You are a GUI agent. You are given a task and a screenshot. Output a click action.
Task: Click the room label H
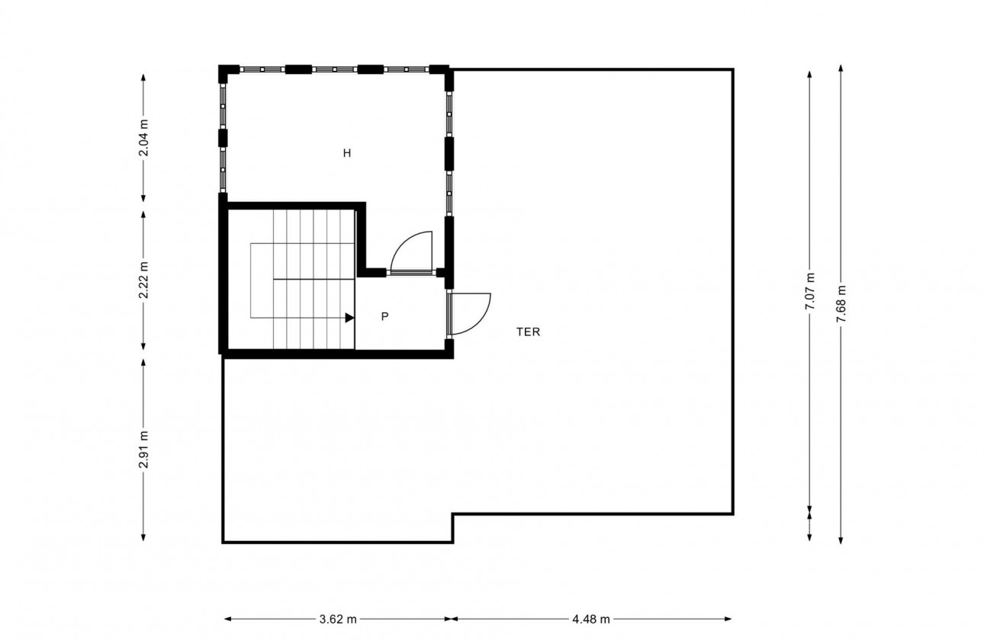[346, 153]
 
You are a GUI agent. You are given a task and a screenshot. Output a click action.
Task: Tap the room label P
[385, 316]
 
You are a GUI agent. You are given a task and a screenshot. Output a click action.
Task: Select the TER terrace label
[528, 332]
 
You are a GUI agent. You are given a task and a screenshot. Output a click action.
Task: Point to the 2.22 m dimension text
[143, 280]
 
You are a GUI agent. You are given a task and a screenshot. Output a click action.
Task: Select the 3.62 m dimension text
[337, 619]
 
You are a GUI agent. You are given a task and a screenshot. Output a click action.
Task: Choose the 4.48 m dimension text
[592, 619]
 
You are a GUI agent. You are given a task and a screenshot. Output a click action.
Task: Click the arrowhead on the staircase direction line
[349, 318]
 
